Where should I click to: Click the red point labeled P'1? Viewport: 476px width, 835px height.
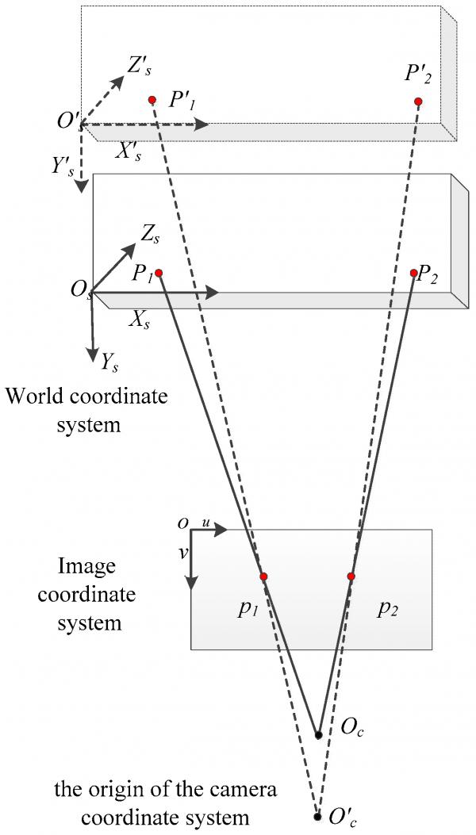tap(152, 100)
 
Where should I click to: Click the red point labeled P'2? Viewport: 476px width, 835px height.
tap(418, 102)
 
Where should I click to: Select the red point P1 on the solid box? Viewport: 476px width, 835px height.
tap(158, 273)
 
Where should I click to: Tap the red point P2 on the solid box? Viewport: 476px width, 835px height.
tap(413, 273)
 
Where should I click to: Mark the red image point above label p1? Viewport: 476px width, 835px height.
tap(263, 576)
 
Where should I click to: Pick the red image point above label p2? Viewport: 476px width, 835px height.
tap(351, 576)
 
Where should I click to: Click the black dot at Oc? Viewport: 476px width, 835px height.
tap(319, 735)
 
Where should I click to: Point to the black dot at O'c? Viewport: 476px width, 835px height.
tap(317, 816)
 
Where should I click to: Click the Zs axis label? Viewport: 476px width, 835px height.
tap(149, 233)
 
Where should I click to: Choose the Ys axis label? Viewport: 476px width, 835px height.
tap(109, 362)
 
